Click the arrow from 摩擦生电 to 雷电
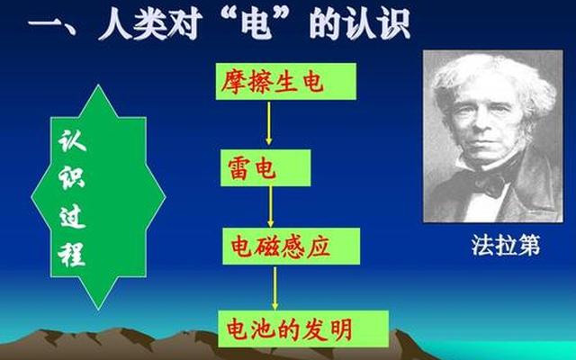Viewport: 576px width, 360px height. [269, 125]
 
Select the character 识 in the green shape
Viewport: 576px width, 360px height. [71, 178]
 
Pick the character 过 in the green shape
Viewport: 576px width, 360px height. [71, 217]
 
